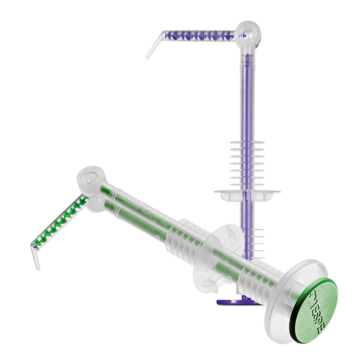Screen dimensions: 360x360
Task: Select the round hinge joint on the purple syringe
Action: pos(247,30)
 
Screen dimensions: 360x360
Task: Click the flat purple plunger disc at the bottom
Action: pos(236,301)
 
